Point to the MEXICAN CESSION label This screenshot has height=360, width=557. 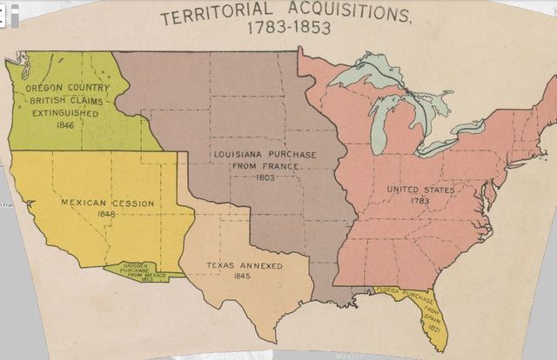(x=107, y=203)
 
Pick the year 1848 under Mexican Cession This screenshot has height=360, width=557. (x=107, y=216)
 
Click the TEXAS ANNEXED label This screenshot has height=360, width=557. (x=244, y=265)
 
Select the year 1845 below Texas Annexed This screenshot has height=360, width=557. (x=244, y=277)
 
